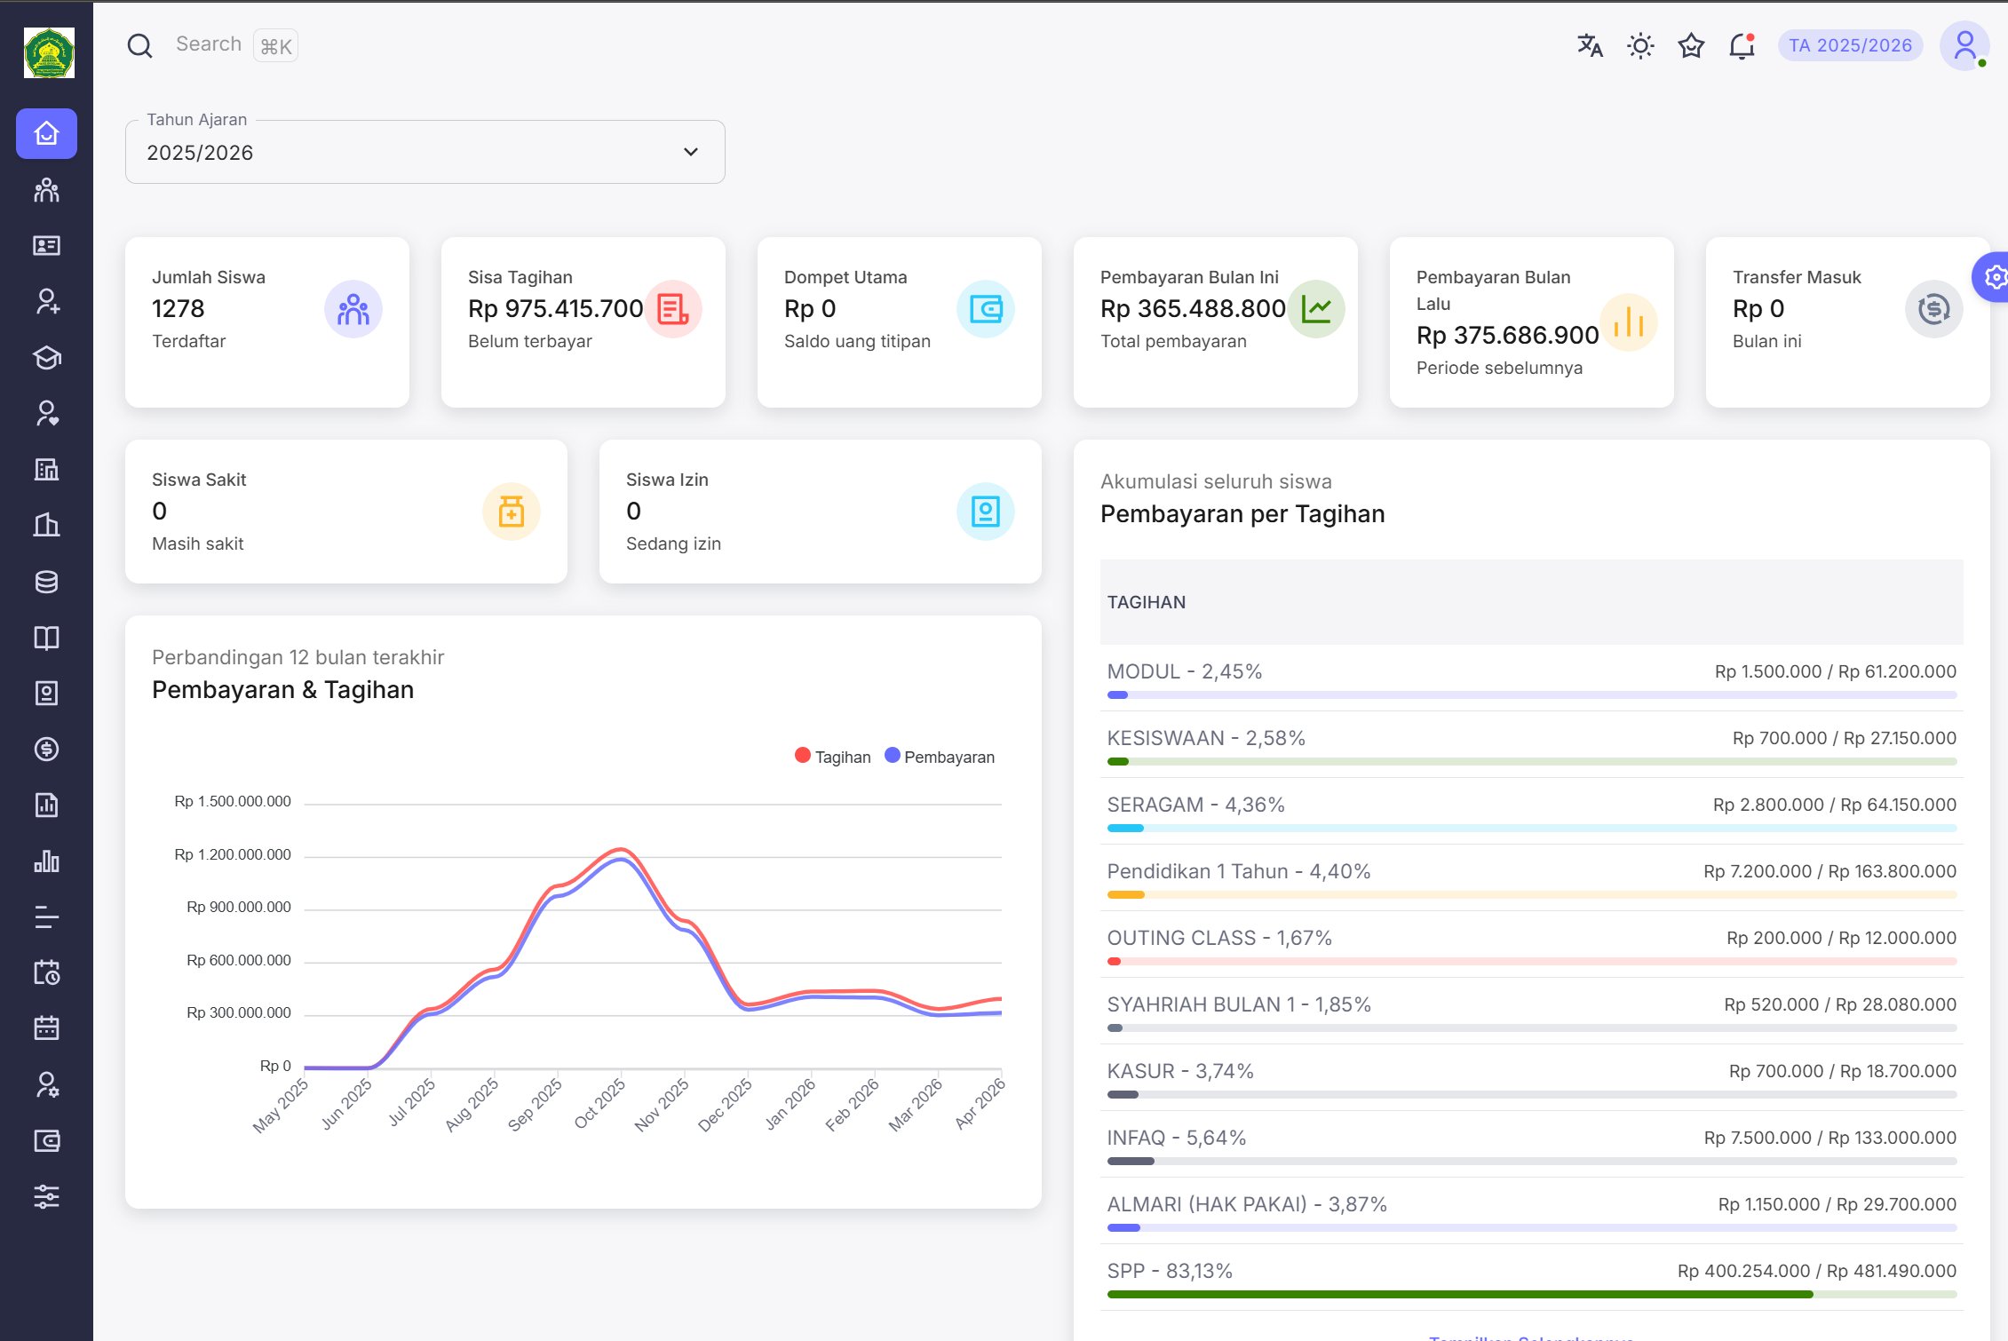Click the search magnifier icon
point(139,45)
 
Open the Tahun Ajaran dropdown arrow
point(690,152)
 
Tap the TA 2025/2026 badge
point(1850,45)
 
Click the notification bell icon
point(1742,45)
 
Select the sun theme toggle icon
point(1640,45)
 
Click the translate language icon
point(1590,45)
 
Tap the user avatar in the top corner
point(1964,45)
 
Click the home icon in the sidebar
point(46,133)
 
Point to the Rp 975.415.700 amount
point(555,308)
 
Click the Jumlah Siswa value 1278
point(178,308)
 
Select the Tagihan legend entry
point(832,757)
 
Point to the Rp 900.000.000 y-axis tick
point(238,907)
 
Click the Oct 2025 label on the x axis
point(600,1103)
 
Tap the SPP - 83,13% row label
point(1169,1271)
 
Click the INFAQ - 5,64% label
point(1176,1138)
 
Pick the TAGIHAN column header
point(1146,602)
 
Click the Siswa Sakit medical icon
point(511,512)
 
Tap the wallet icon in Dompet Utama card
point(985,309)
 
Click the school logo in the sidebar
point(49,52)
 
